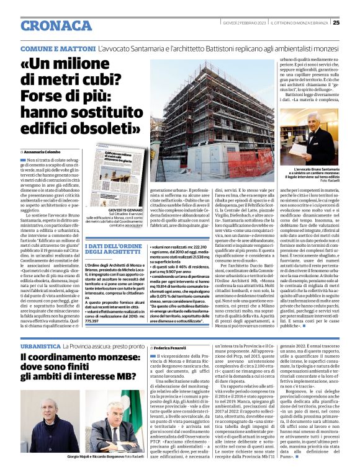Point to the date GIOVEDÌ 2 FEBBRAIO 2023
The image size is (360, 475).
pyautogui.click(x=246, y=23)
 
